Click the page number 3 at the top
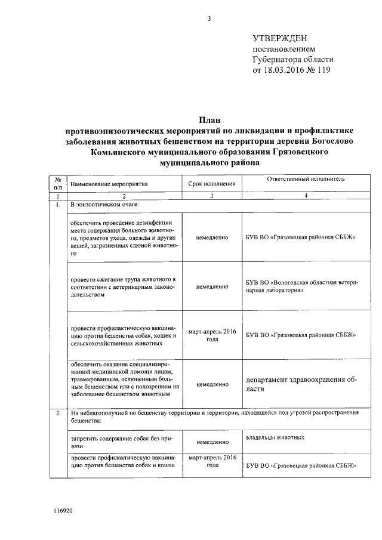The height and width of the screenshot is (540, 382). [209, 18]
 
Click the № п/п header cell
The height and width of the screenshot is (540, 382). [58, 183]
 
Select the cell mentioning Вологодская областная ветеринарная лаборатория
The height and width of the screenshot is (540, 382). [301, 286]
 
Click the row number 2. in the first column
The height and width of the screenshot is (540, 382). [58, 414]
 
